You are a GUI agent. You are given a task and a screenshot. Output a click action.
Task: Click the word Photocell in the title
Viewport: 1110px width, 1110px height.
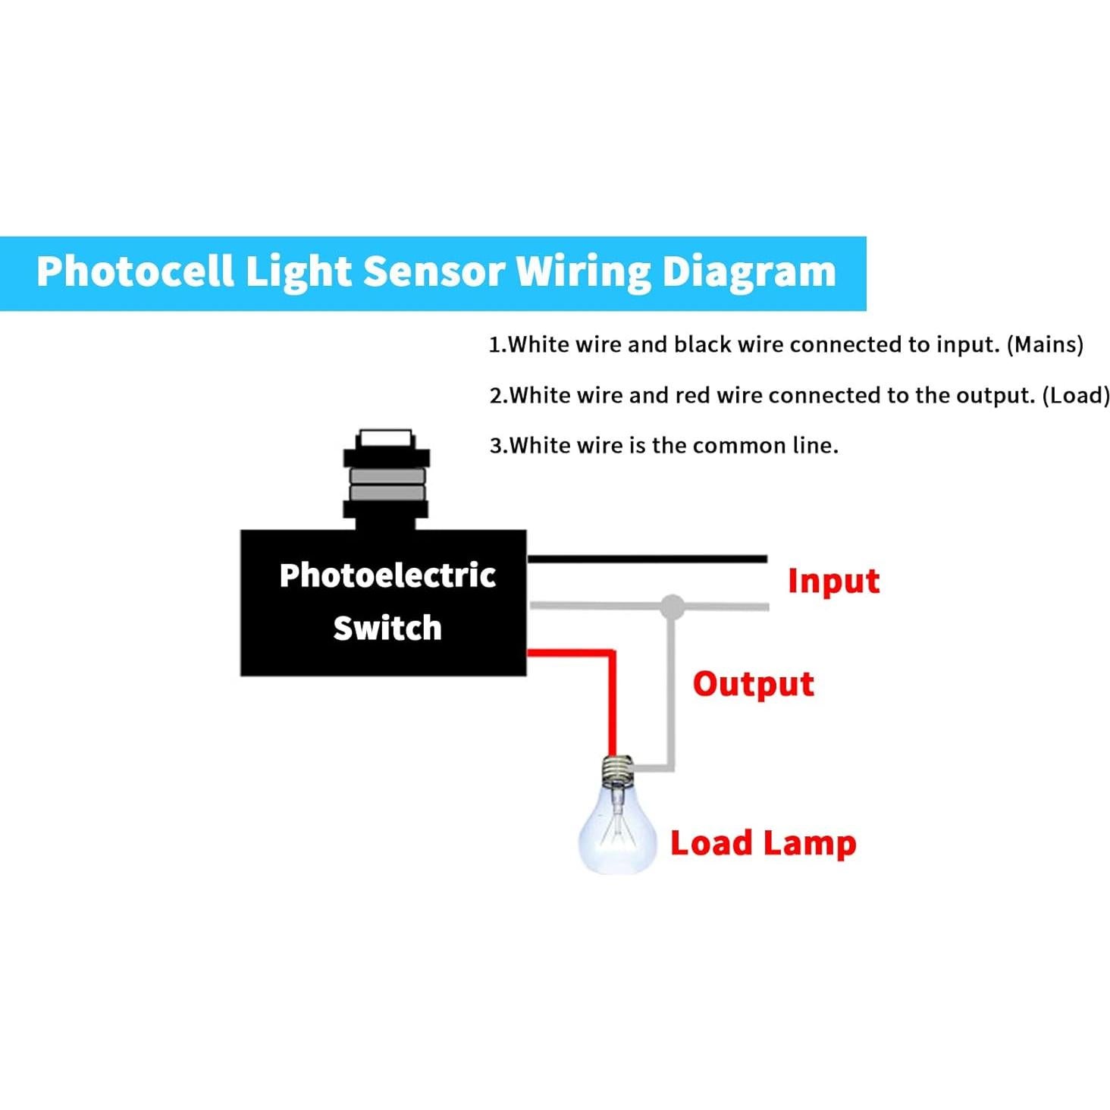tap(135, 271)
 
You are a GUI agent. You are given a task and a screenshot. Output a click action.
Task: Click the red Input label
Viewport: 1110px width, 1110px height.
tap(832, 582)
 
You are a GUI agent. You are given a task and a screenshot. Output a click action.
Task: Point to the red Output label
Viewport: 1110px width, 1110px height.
tap(753, 685)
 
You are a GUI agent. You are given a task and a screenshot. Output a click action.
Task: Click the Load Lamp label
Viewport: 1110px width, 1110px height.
tap(763, 843)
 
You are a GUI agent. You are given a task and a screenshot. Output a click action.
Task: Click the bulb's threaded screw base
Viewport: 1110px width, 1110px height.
tap(618, 771)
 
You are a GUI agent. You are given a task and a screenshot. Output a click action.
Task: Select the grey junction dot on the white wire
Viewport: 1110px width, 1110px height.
tap(672, 606)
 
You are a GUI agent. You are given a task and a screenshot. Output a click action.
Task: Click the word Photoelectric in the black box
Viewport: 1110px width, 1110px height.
tap(387, 575)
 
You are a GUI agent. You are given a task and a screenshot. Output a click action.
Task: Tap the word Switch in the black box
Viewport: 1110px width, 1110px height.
tap(387, 629)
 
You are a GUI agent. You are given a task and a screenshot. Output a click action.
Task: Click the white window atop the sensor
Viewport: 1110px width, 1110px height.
tap(385, 438)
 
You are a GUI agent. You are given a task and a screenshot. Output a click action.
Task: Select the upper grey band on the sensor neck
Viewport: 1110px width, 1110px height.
tap(386, 476)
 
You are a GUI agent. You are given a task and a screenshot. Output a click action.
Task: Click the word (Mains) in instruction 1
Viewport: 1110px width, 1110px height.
tap(1045, 345)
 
